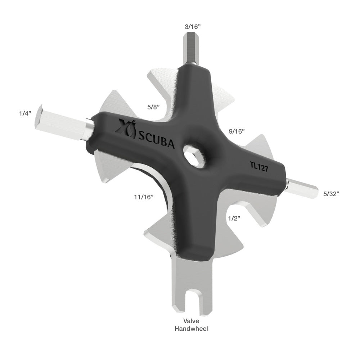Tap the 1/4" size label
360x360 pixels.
[26, 113]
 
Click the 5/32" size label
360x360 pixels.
[331, 194]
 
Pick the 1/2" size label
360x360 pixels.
[234, 218]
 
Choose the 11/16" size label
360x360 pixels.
[143, 197]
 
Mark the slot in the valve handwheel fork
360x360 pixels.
[191, 302]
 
